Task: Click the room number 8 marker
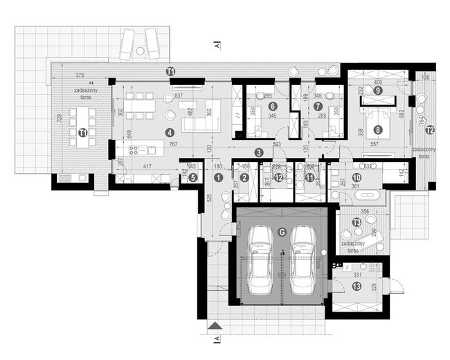click(x=378, y=129)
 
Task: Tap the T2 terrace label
click(x=429, y=129)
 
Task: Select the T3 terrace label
click(x=357, y=222)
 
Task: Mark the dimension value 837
click(x=179, y=96)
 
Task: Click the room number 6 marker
click(x=273, y=106)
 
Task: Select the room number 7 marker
click(x=318, y=106)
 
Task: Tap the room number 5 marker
click(x=192, y=177)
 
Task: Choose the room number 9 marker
click(x=378, y=90)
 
